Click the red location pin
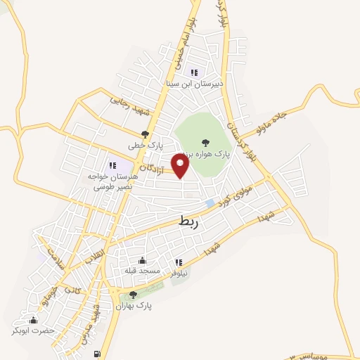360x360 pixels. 181,166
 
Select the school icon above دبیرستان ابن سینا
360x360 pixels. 194,72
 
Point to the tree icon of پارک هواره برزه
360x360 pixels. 206,143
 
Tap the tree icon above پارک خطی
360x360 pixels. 146,134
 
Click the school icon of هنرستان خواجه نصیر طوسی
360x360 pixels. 112,165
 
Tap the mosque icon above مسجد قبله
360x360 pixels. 143,260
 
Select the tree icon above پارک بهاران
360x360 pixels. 134,295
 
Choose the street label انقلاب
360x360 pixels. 93,257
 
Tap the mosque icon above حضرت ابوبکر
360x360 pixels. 33,321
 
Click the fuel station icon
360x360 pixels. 97,354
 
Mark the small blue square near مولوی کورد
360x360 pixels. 209,203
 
